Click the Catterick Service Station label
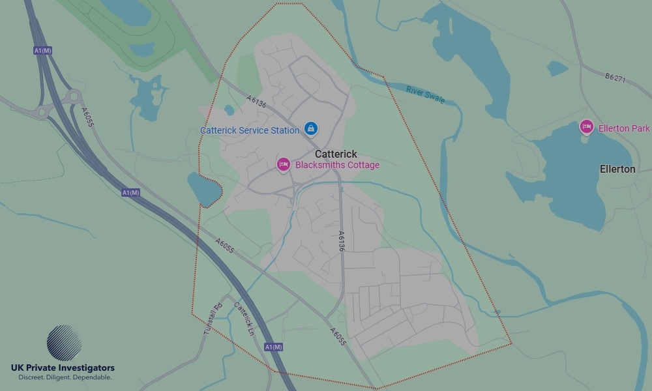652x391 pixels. [x=249, y=130]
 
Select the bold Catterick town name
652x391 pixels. [x=336, y=154]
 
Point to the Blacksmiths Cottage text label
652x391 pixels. [x=337, y=165]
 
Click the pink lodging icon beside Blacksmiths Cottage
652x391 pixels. [x=283, y=165]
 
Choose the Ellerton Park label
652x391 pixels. [x=623, y=128]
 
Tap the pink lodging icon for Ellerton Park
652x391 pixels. [x=586, y=127]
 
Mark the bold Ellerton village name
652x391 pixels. [x=617, y=169]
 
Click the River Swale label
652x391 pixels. [x=425, y=94]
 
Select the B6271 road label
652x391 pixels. [x=615, y=78]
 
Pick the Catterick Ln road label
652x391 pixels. [x=244, y=319]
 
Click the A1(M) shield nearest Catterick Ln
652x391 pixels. [x=274, y=347]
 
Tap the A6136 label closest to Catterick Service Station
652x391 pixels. [x=256, y=102]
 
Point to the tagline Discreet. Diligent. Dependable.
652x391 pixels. [x=65, y=377]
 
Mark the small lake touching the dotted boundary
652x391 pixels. [x=204, y=190]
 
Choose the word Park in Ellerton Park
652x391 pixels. [x=640, y=128]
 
